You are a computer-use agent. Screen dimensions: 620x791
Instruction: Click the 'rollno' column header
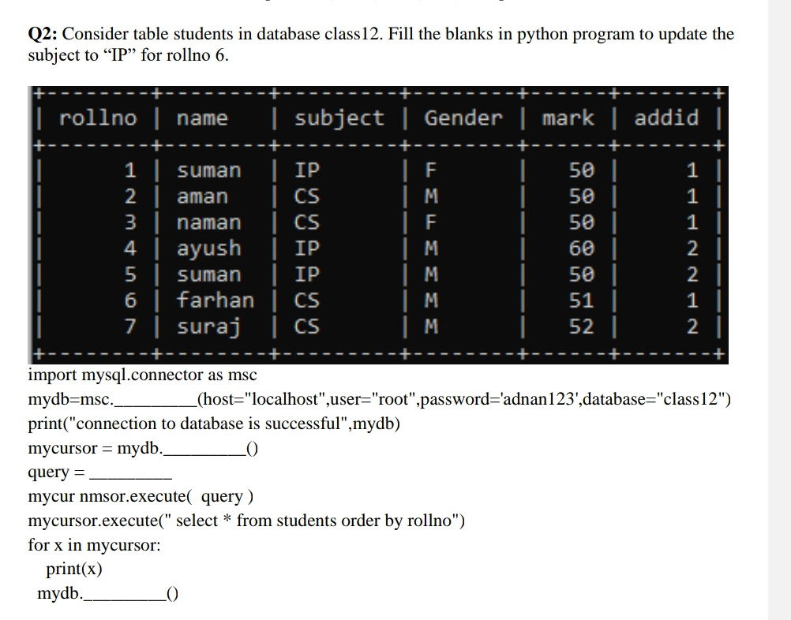(98, 118)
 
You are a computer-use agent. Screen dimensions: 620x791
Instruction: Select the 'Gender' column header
(463, 118)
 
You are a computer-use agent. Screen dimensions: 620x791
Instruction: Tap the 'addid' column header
(666, 118)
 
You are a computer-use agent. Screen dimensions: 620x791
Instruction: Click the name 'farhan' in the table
(215, 301)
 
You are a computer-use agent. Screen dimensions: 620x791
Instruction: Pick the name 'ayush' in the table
(208, 248)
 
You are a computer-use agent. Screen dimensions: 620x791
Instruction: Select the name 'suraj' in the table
(208, 327)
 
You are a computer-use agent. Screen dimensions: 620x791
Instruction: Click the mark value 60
(582, 248)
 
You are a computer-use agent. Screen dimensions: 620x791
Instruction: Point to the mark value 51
(582, 301)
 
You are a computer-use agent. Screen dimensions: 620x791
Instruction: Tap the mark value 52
(582, 327)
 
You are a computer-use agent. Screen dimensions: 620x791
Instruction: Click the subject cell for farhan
(307, 301)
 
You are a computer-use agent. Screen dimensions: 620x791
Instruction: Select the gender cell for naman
(431, 222)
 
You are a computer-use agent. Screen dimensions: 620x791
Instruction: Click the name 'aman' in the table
(202, 196)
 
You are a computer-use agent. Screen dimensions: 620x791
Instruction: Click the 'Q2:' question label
(43, 34)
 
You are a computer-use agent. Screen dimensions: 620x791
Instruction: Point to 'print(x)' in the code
(74, 569)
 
